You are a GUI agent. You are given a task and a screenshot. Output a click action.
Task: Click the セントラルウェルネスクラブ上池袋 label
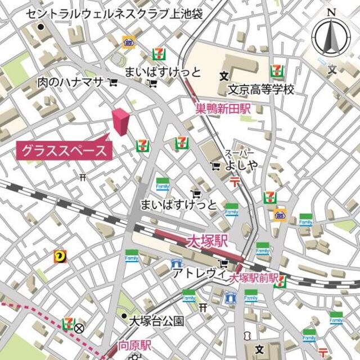click(x=115, y=13)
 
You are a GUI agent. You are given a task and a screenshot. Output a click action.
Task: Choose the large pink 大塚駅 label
click(x=206, y=241)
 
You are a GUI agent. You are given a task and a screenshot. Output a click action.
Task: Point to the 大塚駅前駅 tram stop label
click(x=254, y=277)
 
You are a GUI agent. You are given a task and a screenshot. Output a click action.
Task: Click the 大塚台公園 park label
click(x=156, y=321)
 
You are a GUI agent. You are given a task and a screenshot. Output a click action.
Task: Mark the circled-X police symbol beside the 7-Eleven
click(x=79, y=328)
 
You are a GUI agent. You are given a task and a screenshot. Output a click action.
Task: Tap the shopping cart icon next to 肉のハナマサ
click(x=113, y=83)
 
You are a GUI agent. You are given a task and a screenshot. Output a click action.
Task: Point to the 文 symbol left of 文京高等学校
click(x=224, y=75)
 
